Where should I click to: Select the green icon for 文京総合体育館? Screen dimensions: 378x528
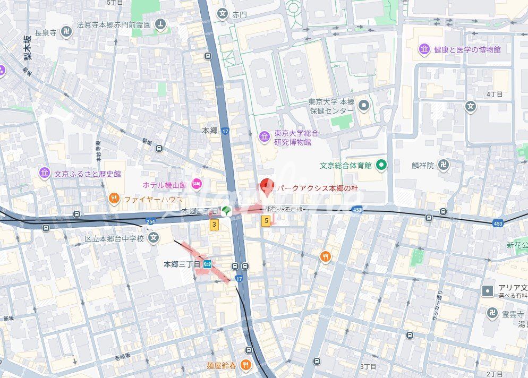point(381,165)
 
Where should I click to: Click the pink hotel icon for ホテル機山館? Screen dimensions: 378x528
point(197,184)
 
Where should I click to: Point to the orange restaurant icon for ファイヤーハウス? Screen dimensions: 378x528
point(114,199)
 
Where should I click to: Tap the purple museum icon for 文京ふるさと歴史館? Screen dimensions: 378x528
point(44,173)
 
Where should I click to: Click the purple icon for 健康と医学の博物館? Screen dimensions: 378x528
point(424,49)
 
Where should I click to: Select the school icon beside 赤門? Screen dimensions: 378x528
point(222,14)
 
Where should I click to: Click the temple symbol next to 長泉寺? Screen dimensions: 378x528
point(66,32)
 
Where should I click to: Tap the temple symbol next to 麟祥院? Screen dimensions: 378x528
point(444,165)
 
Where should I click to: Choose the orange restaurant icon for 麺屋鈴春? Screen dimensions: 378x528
point(244,365)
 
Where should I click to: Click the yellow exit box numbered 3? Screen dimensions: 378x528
point(214,225)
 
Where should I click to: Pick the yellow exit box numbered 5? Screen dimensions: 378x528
point(265,220)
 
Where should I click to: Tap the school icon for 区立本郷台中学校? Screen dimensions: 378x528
point(154,238)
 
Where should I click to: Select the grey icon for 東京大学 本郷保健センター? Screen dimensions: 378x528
point(363,106)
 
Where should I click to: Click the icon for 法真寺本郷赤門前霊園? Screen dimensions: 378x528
point(160,24)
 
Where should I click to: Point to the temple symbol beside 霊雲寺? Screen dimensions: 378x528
point(492,314)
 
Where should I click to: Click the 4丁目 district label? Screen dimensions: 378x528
point(494,94)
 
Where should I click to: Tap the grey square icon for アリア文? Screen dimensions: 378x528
point(487,291)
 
